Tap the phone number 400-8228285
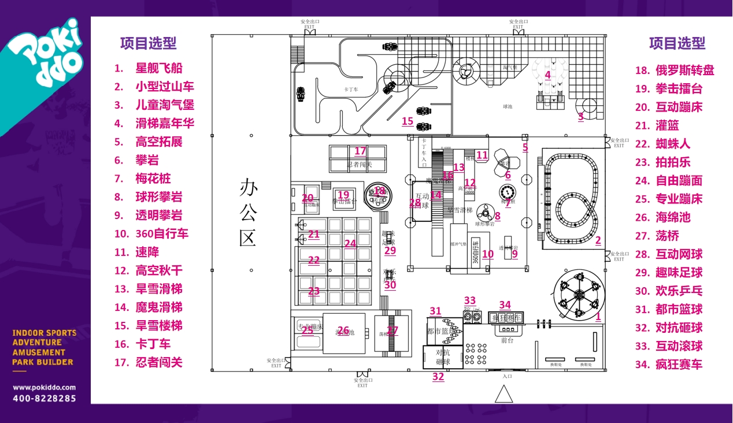(x=44, y=398)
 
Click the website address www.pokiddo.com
(x=44, y=387)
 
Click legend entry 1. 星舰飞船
(x=149, y=68)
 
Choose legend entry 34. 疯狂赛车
(x=669, y=365)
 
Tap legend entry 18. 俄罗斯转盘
(x=675, y=70)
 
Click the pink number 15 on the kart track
(x=408, y=121)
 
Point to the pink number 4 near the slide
(x=547, y=75)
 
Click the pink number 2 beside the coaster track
(x=598, y=240)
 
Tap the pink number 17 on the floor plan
(x=360, y=151)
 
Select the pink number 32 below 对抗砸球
(x=438, y=377)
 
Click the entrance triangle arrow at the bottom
(x=504, y=394)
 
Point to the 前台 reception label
(x=507, y=340)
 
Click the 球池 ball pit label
(x=508, y=107)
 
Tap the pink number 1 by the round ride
(x=598, y=316)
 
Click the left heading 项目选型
(x=148, y=43)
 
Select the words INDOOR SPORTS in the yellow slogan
(x=44, y=333)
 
